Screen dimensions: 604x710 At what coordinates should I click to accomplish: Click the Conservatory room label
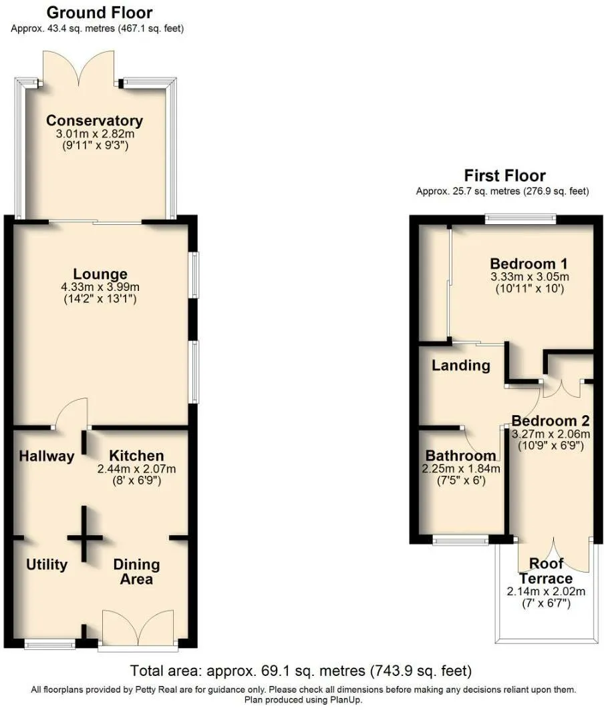[94, 120]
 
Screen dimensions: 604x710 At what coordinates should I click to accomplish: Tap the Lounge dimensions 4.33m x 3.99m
[100, 287]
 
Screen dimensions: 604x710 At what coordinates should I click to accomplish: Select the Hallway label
[47, 456]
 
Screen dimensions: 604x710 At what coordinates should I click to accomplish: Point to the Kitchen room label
[136, 456]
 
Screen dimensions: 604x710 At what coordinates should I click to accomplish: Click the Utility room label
[47, 565]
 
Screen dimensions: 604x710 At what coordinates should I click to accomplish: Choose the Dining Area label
[136, 571]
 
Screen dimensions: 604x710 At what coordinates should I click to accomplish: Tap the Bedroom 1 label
[528, 264]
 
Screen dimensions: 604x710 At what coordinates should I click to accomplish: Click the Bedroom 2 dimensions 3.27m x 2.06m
[551, 434]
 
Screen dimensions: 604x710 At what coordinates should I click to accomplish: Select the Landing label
[461, 366]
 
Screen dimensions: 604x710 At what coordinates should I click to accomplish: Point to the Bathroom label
[461, 455]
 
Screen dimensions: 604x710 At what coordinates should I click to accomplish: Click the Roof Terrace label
[546, 571]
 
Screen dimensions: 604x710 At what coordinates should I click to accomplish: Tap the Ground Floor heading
[100, 12]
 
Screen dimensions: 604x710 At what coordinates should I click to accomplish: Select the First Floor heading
[504, 175]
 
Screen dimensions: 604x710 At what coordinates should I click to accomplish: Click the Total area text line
[301, 670]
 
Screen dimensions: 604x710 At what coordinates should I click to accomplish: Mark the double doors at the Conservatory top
[79, 68]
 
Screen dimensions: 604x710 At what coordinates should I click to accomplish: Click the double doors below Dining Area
[138, 627]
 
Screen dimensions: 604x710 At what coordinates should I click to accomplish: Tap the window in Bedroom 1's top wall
[520, 219]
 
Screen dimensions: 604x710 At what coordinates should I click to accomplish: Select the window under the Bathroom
[460, 540]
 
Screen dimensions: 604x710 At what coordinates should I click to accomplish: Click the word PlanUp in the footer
[347, 699]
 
